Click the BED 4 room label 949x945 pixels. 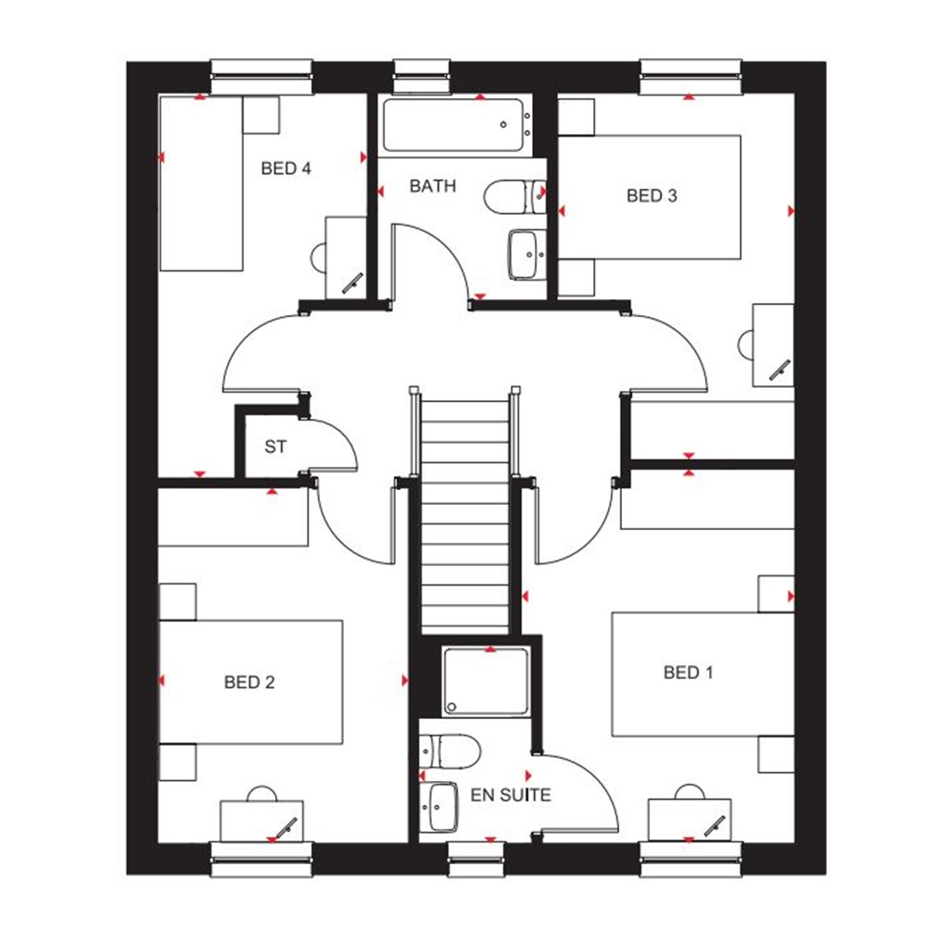(285, 169)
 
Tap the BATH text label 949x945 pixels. (433, 185)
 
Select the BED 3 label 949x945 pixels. (652, 195)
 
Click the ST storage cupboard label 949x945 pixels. (275, 447)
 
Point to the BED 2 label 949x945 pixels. (249, 683)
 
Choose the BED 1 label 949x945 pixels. (689, 673)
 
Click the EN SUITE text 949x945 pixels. (511, 795)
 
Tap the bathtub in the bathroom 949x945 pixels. (454, 127)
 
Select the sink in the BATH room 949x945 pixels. (525, 253)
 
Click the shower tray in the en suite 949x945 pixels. (487, 682)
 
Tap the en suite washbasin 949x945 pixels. (442, 806)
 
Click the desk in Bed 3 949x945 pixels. (773, 344)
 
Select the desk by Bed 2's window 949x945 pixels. (262, 821)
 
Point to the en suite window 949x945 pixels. (476, 859)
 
